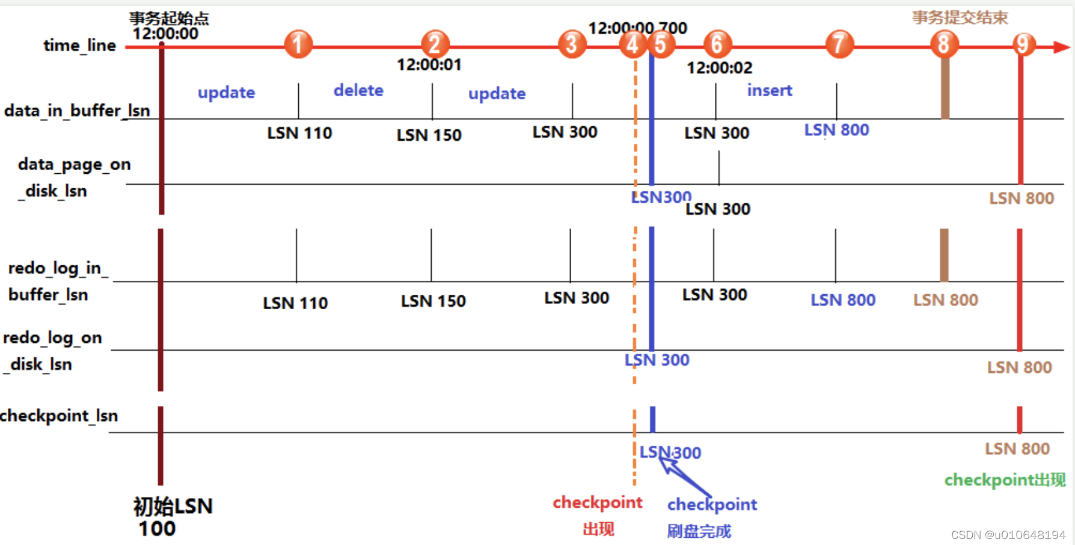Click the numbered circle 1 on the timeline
298,44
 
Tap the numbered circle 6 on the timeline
717,44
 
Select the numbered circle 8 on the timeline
943,44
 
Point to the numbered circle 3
572,44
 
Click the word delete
358,90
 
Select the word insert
770,90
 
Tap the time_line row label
79,46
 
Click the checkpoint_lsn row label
59,416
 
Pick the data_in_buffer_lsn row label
77,111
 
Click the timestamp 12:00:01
429,64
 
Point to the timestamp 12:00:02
719,67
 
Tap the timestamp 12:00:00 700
637,28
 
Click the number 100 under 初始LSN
157,529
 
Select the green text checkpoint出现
1005,480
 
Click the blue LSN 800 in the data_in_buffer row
836,130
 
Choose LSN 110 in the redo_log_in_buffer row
295,303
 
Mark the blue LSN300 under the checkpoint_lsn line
670,452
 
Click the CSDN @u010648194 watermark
1008,535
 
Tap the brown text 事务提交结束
960,17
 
